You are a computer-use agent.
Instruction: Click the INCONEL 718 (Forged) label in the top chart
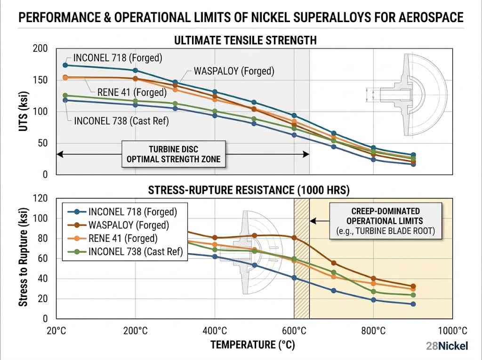tap(117, 58)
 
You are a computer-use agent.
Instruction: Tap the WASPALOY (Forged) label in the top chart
tap(234, 72)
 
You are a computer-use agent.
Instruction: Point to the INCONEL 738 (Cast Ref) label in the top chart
tap(121, 120)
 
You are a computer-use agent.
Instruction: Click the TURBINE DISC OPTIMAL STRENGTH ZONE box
tap(173, 154)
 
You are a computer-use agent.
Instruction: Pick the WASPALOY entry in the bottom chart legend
tap(129, 225)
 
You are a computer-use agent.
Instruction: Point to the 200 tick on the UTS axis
tap(41, 48)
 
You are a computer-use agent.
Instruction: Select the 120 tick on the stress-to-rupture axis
tap(41, 198)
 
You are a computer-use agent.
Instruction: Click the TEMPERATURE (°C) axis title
tap(252, 345)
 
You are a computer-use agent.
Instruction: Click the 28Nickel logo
tap(447, 346)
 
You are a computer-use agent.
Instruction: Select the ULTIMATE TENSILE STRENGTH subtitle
tap(245, 40)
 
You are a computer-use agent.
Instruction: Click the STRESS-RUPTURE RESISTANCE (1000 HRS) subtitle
tap(249, 190)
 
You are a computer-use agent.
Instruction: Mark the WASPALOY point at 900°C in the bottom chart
tap(413, 286)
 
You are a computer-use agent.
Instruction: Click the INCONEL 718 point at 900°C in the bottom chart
tap(413, 304)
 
